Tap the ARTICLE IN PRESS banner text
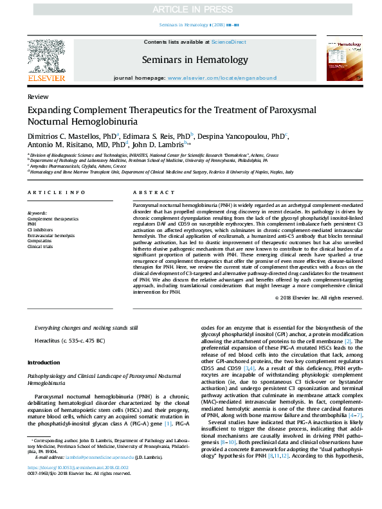pos(190,10)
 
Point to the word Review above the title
pos(38,96)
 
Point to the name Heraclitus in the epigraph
pos(49,340)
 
